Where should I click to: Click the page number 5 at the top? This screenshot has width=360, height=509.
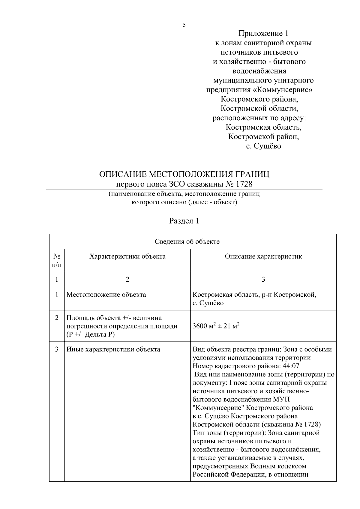(x=184, y=25)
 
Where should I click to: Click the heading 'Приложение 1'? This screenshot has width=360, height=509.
(x=263, y=33)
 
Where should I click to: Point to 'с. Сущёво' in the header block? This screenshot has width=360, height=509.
(x=263, y=146)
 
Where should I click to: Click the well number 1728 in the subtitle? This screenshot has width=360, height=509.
(x=244, y=184)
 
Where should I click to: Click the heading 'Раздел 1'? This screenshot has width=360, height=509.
(x=184, y=221)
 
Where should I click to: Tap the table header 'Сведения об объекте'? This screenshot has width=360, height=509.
(x=187, y=241)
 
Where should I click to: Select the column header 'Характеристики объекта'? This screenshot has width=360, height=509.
(x=127, y=256)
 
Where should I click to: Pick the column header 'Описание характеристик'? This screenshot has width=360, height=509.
(x=263, y=256)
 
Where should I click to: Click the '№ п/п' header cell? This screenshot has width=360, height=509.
(x=57, y=260)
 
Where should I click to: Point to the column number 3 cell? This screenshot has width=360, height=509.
(x=263, y=280)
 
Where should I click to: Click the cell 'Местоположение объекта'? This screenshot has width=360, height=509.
(x=106, y=295)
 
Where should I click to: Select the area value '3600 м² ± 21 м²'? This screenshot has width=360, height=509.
(x=216, y=326)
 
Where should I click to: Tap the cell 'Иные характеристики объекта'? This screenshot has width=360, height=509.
(x=113, y=349)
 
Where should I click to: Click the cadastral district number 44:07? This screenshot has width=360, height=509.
(x=291, y=366)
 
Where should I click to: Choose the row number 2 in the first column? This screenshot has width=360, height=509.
(x=57, y=318)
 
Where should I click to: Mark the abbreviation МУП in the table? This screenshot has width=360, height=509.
(x=282, y=400)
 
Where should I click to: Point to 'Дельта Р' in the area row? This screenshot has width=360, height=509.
(x=98, y=334)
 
